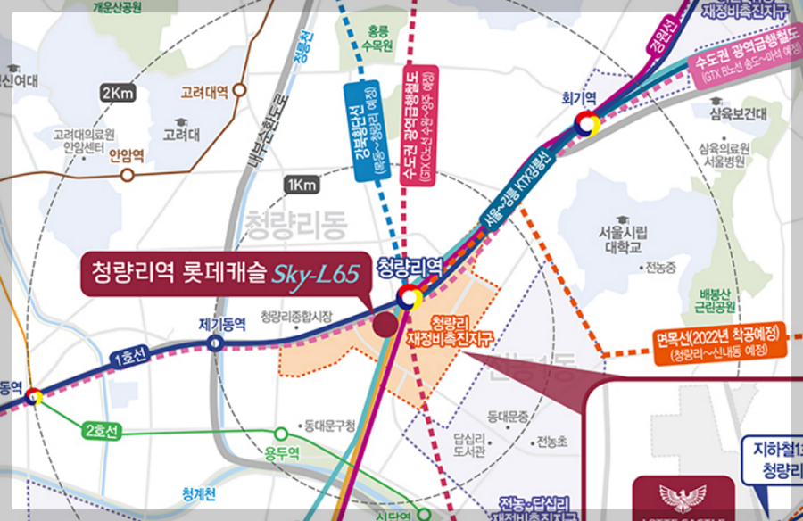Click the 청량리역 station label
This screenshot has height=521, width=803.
pyautogui.click(x=410, y=266)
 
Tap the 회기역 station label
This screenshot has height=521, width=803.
pyautogui.click(x=579, y=97)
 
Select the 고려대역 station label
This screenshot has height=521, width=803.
pyautogui.click(x=204, y=91)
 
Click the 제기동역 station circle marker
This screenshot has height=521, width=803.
pyautogui.click(x=216, y=343)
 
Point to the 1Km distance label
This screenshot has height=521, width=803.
pyautogui.click(x=302, y=185)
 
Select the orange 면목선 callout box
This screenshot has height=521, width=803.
pyautogui.click(x=718, y=343)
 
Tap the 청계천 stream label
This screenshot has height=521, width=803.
pyautogui.click(x=199, y=492)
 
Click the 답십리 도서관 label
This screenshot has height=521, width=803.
pyautogui.click(x=468, y=444)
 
